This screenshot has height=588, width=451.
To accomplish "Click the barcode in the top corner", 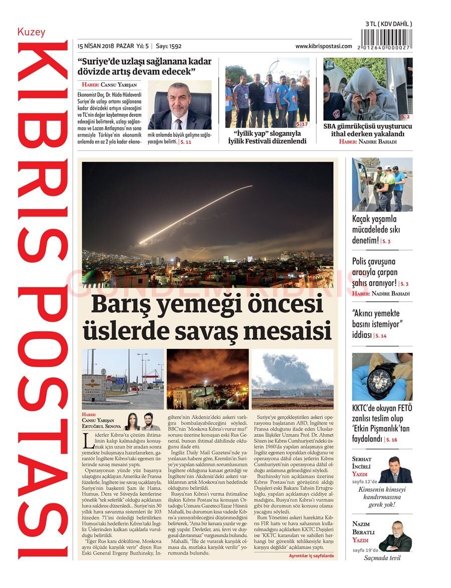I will coord(386,39).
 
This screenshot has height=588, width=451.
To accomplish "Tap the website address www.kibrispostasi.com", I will coord(323,46).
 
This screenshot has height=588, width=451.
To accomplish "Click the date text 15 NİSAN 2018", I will coord(95,46).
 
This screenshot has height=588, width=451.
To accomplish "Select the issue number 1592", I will coord(175,46).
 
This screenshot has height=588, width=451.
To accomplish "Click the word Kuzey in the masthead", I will coord(32,32).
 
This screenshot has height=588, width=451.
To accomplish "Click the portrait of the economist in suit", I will coord(179,105).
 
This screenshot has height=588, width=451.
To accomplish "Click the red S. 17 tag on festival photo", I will coord(302,123).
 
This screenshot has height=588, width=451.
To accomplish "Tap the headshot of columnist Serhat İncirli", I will coord(395,471).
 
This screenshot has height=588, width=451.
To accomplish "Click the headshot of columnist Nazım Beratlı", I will coord(395,537).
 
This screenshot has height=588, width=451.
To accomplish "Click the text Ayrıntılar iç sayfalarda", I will coord(311,556).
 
